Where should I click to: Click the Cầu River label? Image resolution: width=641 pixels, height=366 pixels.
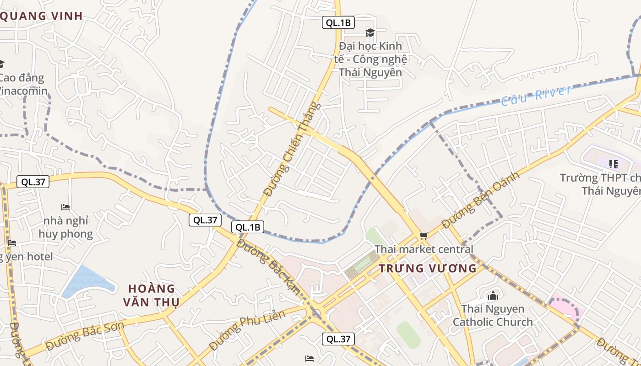[536, 95]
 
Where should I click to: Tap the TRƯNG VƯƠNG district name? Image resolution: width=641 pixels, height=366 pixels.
[428, 269]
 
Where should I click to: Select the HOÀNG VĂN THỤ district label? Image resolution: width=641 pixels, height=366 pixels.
[151, 295]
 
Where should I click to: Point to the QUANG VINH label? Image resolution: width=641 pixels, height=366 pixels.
[41, 16]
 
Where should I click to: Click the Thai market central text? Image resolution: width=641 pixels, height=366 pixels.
[424, 249]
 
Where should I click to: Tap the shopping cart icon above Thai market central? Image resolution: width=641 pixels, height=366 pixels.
[424, 236]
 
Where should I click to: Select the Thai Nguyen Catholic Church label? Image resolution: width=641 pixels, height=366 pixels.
[493, 315]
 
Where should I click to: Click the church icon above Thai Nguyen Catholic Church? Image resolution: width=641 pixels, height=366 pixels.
[493, 296]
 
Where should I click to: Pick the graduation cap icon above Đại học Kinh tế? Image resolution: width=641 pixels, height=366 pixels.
[370, 32]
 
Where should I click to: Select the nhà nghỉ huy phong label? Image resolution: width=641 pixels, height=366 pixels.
[65, 227]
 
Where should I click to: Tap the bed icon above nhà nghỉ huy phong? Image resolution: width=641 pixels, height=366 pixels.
[65, 207]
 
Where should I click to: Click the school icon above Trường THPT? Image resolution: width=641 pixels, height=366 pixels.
[614, 164]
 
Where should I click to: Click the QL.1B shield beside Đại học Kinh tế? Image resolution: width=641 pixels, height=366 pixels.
[338, 22]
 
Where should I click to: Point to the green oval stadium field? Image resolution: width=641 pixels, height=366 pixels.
[408, 334]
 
